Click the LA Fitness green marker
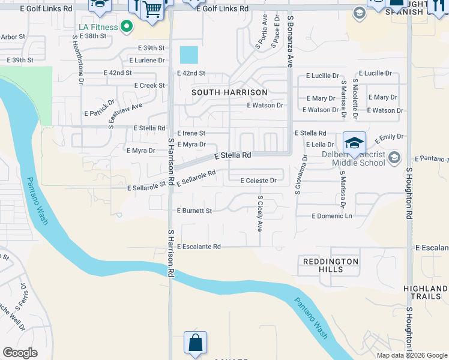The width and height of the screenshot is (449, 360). (x=127, y=26)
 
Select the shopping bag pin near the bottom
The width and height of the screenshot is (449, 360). (x=195, y=343)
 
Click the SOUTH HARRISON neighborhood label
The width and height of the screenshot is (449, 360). (x=229, y=92)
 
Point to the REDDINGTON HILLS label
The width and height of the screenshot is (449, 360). (x=331, y=265)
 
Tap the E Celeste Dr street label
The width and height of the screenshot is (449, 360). (x=258, y=181)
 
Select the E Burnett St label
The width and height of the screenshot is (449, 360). (x=194, y=211)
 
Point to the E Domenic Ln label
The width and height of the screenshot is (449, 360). (x=332, y=215)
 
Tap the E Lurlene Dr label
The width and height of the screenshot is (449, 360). (x=146, y=61)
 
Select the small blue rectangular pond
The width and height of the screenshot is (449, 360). (x=188, y=55)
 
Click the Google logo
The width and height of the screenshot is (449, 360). (x=20, y=352)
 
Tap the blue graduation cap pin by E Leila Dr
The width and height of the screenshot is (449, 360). (x=354, y=143)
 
